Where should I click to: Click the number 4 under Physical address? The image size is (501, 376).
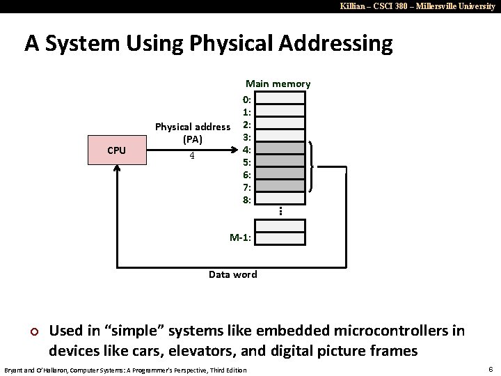[192, 155]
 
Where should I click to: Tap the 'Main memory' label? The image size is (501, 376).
[278, 84]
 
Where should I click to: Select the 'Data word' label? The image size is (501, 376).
[232, 274]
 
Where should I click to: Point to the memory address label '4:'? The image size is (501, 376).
[246, 149]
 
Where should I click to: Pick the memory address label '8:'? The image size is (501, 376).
[246, 200]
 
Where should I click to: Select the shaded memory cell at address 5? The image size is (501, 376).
[280, 162]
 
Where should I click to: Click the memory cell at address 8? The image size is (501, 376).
[280, 200]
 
